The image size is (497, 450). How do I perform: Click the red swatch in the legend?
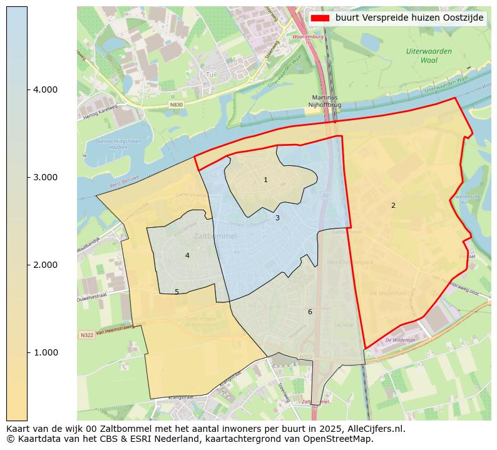coord(320,18)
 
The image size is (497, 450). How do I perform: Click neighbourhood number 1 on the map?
coord(265,180)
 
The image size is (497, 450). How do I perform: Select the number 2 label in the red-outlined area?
coord(393,206)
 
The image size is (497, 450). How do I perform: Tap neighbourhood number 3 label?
coord(277,218)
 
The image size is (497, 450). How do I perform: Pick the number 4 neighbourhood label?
coord(187,255)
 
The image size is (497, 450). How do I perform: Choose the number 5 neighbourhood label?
coord(177,292)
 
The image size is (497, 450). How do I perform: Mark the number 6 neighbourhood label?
coord(309,312)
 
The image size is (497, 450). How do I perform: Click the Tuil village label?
coord(212,74)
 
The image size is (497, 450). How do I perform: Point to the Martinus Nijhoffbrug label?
coord(324,101)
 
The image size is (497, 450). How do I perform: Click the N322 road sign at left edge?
coord(86,336)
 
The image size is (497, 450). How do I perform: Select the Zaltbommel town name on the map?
coord(215,237)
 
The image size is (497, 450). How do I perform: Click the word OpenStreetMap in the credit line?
coord(338,439)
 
